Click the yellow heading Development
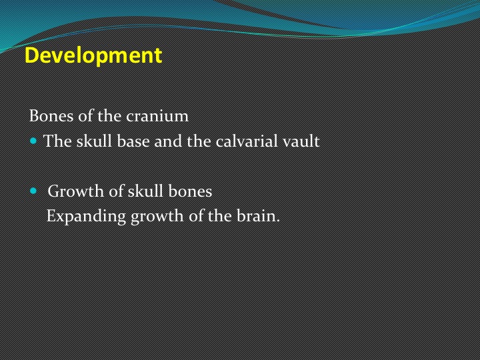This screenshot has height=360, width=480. point(93,56)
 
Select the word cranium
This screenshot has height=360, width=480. point(157,116)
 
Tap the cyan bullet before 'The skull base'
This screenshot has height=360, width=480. point(33,141)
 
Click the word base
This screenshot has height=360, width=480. point(133,141)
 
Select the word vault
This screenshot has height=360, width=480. point(301,141)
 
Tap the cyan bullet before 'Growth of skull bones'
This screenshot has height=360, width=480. point(33,191)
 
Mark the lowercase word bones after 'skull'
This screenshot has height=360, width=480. point(190,191)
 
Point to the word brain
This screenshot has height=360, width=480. point(259,216)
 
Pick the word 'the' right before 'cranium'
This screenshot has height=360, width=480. point(109,116)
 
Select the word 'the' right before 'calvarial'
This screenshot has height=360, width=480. point(199,141)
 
